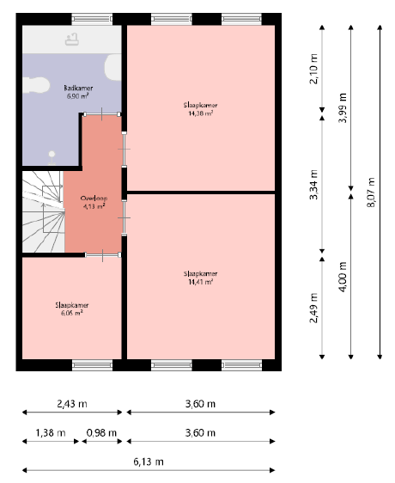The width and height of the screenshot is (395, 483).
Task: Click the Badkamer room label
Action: click(78, 89)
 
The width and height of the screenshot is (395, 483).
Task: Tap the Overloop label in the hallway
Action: click(94, 199)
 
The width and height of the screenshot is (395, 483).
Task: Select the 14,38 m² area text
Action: click(201, 113)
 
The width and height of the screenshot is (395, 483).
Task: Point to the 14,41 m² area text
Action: click(201, 282)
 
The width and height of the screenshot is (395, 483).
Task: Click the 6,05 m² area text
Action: click(72, 314)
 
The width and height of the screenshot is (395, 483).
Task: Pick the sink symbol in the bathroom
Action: click(72, 40)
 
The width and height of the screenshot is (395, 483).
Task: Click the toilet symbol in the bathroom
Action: click(36, 85)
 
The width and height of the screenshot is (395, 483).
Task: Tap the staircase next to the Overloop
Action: click(44, 212)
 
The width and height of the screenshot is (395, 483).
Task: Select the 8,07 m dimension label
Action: click(371, 193)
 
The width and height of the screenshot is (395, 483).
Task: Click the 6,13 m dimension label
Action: click(149, 462)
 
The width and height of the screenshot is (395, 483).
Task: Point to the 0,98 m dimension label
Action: click(101, 433)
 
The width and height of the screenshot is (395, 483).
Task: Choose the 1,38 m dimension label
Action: click(51, 433)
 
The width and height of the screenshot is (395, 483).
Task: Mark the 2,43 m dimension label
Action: click(72, 404)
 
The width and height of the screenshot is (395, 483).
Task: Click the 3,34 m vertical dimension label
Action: click(313, 185)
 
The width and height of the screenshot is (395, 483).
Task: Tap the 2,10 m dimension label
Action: click(313, 69)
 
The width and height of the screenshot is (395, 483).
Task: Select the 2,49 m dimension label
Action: click(313, 308)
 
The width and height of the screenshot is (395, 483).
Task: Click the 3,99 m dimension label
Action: click(343, 107)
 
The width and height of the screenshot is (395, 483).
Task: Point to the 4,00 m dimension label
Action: click(343, 277)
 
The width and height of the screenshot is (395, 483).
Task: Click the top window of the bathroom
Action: click(92, 19)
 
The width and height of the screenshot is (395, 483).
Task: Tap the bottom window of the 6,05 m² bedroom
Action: click(93, 365)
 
